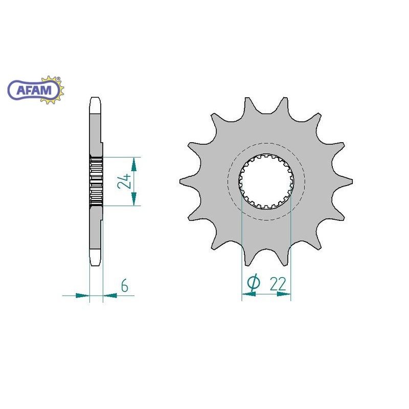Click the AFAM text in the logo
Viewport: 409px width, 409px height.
click(34, 90)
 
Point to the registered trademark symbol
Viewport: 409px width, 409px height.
click(58, 78)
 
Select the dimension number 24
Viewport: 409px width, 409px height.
click(124, 181)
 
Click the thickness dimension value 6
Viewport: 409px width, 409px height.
click(125, 285)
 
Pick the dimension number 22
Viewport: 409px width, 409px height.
click(278, 284)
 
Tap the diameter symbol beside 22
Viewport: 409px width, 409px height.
click(254, 283)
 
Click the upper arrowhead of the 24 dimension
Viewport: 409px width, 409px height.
click(134, 164)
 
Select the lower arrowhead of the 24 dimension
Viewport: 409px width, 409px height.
click(134, 199)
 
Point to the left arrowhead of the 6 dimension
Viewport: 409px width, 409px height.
click(82, 296)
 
